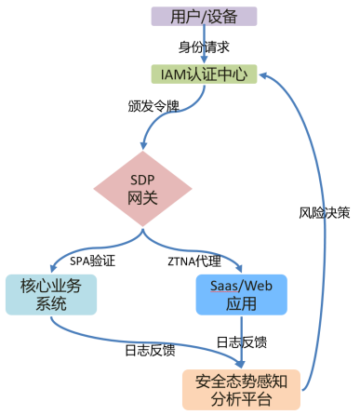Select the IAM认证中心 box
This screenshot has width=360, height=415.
[203, 74]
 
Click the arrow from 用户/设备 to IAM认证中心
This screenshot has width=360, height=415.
[203, 45]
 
